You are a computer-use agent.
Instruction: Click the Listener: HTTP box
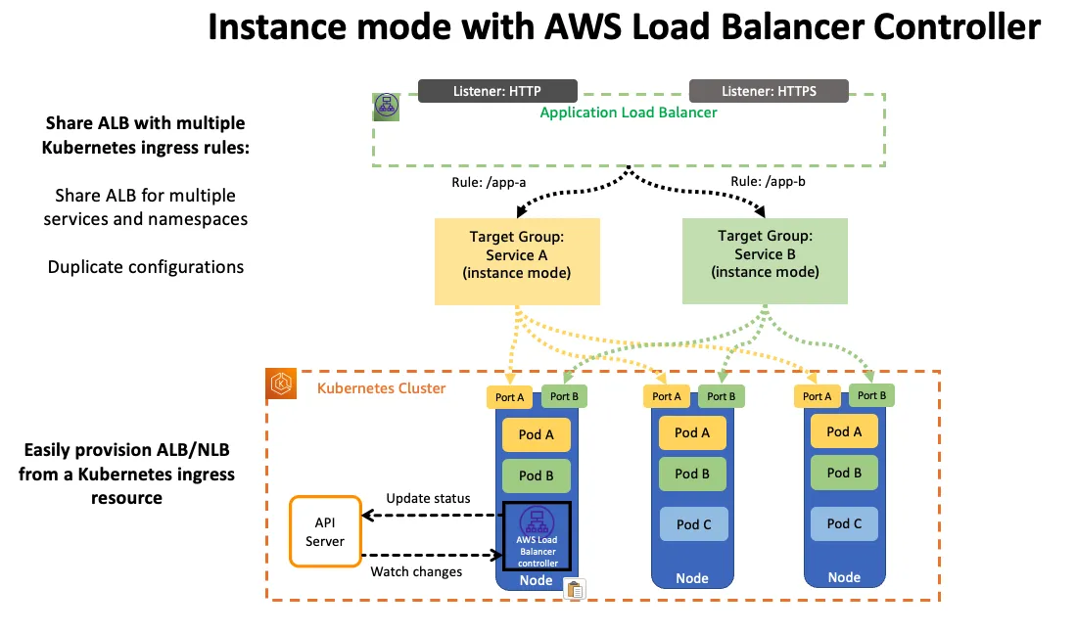(x=497, y=91)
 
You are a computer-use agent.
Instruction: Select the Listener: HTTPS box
(x=769, y=91)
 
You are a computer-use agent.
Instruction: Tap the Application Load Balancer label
(x=628, y=113)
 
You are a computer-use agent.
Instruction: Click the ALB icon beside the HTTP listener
(x=387, y=107)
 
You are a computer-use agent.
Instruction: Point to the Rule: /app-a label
(x=489, y=182)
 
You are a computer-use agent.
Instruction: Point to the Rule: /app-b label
(x=768, y=182)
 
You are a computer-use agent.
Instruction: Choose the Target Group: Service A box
(x=517, y=261)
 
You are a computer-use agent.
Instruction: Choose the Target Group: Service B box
(x=765, y=260)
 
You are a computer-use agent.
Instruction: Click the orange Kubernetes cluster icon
(x=281, y=384)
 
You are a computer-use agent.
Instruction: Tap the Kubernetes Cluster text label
(x=381, y=388)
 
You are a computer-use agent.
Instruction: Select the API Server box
(x=325, y=531)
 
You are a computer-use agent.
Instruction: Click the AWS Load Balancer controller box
(x=537, y=536)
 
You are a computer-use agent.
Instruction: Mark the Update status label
(x=428, y=499)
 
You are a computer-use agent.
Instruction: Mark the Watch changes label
(x=416, y=572)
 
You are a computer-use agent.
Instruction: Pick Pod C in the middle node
(x=693, y=524)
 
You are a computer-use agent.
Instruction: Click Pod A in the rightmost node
(x=844, y=431)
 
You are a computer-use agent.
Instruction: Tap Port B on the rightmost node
(x=871, y=395)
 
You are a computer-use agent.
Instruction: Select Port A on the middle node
(x=667, y=396)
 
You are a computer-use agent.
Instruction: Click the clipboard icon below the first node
(x=575, y=589)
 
